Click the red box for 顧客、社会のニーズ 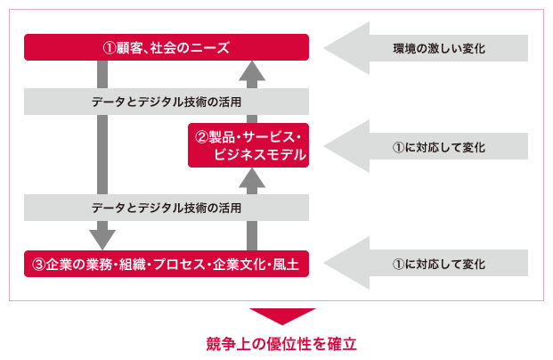[167, 47]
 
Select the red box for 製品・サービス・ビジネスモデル [248, 145]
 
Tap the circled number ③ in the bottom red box [38, 265]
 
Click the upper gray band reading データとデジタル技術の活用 [167, 101]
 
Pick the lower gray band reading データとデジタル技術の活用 [167, 208]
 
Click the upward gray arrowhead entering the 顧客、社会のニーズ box [253, 70]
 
